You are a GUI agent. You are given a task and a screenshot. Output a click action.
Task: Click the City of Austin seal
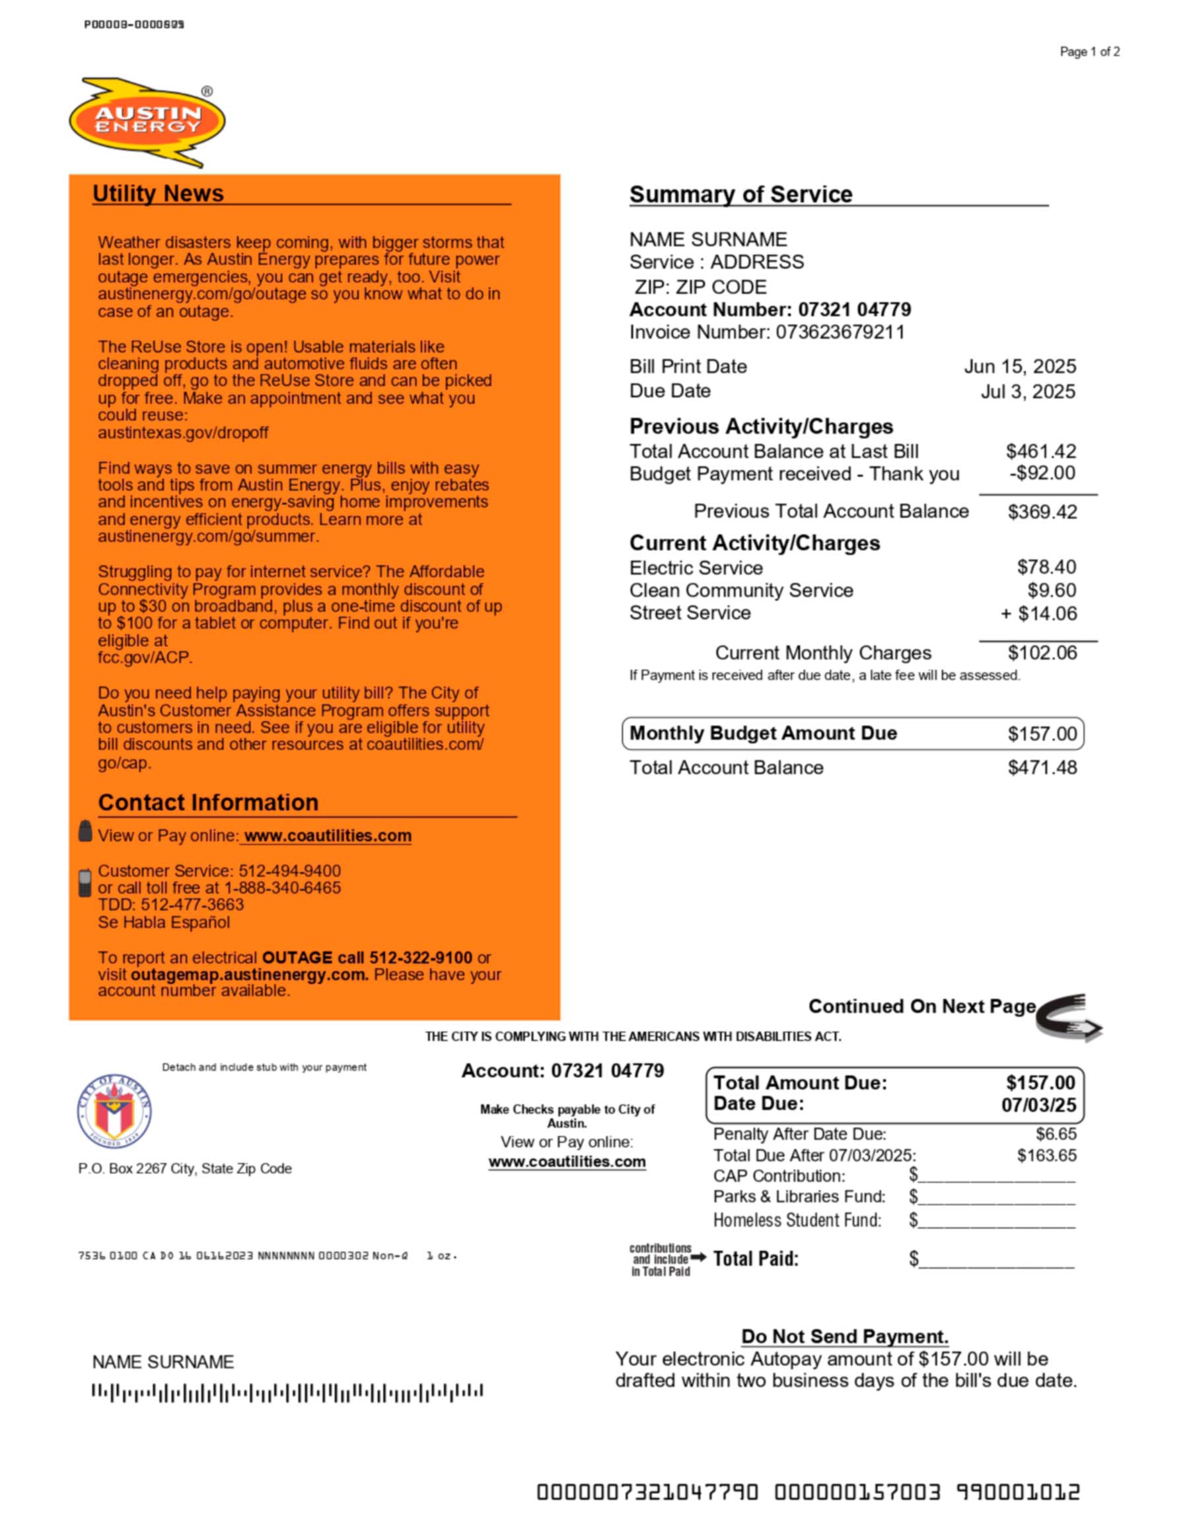pos(114,1113)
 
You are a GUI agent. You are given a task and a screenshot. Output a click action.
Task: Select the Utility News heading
pos(158,194)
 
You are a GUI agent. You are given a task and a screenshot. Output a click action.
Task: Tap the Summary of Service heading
pos(740,194)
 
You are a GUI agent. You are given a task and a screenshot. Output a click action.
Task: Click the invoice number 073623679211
pos(840,332)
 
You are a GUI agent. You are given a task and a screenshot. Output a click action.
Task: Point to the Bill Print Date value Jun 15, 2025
pos(1019,367)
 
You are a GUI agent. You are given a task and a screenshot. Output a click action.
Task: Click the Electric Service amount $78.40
pos(1046,567)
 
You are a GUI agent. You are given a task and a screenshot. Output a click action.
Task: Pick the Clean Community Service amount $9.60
pos(1052,591)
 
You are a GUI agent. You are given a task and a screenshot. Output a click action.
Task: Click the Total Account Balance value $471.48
pos(1042,767)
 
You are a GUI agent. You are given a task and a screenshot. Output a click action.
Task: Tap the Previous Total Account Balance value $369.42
pos(1042,511)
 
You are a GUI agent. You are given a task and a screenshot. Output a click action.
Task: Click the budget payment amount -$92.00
pos(1042,473)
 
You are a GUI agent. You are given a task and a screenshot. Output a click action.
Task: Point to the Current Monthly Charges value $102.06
pos(1042,654)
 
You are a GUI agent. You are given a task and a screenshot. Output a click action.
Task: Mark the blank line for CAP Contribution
pos(997,1177)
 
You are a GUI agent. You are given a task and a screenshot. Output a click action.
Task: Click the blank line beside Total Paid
pos(997,1261)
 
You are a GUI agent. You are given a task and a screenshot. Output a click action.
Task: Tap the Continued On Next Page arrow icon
pos(1068,1017)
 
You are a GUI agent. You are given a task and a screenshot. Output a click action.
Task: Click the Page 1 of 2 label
pos(1089,52)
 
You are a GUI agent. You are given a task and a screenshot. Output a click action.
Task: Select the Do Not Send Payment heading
pos(845,1336)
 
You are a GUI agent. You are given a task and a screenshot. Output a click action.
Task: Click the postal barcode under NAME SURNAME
pos(287,1391)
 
